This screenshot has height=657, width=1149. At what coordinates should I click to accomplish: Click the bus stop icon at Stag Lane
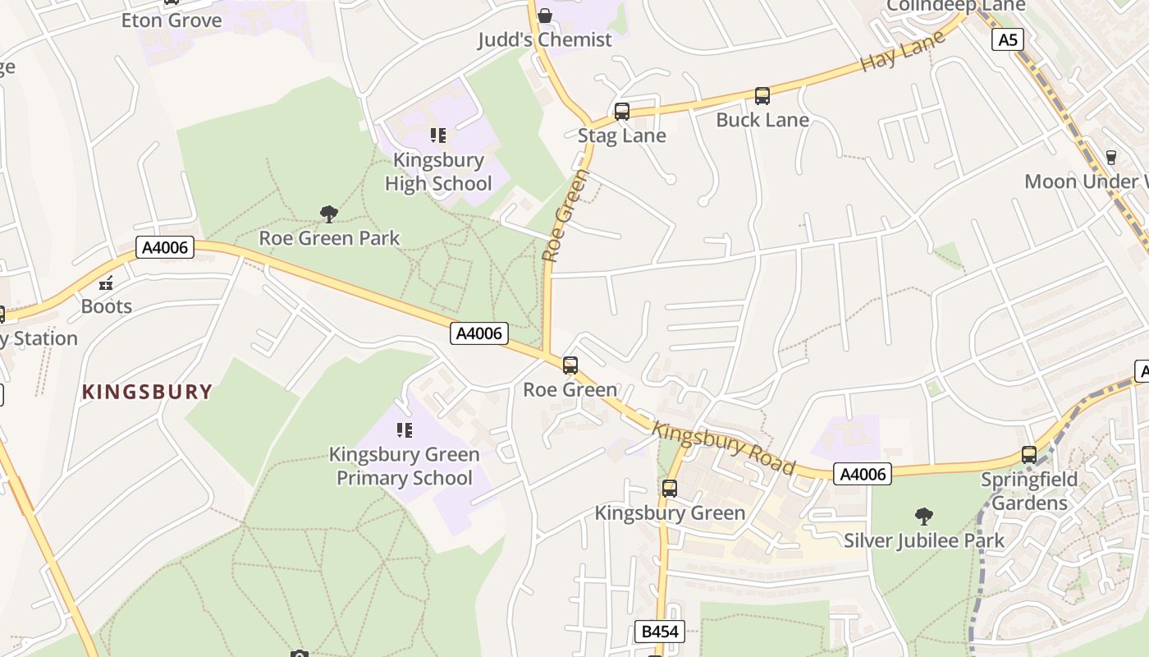621,111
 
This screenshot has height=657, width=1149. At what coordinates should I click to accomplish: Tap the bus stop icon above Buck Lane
762,96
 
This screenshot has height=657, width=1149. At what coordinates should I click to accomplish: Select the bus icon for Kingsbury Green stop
670,489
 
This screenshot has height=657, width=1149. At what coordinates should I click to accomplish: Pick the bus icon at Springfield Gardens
1029,454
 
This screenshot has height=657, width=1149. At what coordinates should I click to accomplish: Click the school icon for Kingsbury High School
438,136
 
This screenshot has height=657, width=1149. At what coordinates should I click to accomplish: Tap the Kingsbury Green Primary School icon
404,430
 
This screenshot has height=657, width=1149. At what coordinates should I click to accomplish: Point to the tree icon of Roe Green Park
329,214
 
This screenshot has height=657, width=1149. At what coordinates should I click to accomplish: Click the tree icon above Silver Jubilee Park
923,517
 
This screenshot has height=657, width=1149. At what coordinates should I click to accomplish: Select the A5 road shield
1007,39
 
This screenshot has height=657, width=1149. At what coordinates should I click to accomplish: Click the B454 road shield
660,632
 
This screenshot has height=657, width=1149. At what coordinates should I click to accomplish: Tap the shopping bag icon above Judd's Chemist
544,16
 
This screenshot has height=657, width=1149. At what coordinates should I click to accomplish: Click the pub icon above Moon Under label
1111,157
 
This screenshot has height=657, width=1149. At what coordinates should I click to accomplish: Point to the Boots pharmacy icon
106,283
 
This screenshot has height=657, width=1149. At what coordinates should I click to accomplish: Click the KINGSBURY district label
147,392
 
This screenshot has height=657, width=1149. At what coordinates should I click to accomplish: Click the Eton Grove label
172,21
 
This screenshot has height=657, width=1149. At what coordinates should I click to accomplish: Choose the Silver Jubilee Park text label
923,540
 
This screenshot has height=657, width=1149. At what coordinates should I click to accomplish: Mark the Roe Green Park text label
329,238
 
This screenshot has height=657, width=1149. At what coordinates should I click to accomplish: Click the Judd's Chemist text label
545,39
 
